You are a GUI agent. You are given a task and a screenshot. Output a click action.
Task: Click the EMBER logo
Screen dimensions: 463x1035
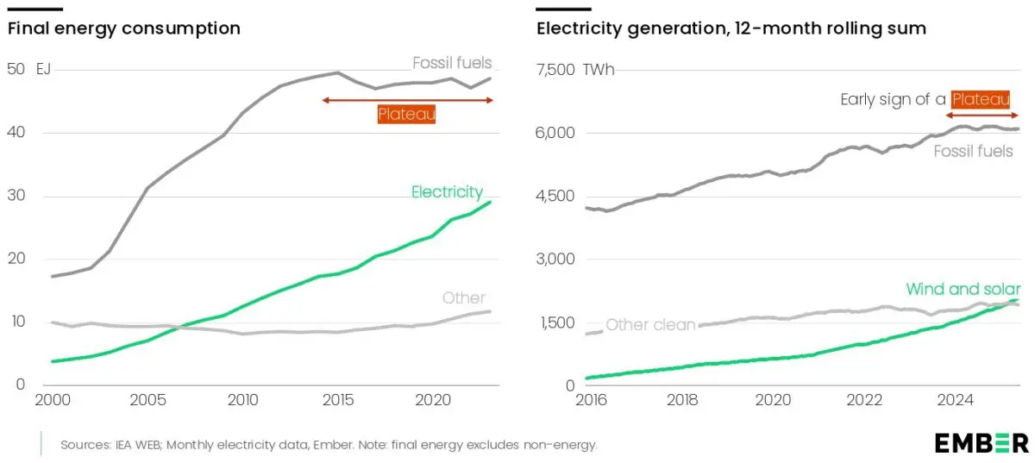(982, 443)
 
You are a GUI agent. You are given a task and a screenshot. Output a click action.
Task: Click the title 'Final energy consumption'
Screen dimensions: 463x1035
(124, 28)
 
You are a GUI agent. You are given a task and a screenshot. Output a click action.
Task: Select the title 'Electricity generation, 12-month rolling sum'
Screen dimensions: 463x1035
(731, 28)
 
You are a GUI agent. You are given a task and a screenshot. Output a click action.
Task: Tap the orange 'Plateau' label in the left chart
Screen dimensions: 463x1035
(406, 114)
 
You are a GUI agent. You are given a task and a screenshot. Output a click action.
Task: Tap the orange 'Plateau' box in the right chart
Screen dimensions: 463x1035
(980, 99)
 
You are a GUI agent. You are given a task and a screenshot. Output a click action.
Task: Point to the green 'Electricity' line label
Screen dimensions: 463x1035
(447, 191)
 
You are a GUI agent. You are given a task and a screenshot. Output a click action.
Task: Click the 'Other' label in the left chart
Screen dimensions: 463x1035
(464, 298)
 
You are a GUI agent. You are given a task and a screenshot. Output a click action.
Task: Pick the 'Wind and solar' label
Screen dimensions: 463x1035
(963, 289)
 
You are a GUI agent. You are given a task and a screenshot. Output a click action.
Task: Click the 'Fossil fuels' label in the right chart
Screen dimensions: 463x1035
(974, 152)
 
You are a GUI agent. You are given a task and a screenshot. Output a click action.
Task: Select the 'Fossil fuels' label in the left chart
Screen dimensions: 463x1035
(452, 62)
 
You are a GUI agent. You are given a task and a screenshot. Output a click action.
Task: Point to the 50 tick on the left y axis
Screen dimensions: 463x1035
(16, 69)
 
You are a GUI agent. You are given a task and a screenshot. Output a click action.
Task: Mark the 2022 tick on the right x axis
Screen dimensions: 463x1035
(864, 400)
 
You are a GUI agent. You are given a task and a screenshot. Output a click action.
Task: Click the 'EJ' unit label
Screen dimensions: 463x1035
(43, 69)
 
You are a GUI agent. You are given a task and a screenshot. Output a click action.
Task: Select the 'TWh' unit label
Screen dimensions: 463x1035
(599, 70)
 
